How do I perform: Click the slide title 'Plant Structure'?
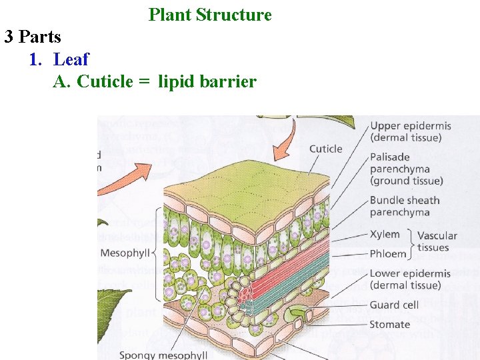210,15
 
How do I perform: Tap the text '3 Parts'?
33,37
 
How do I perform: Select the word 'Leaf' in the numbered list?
71,59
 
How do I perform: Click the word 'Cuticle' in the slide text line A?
105,82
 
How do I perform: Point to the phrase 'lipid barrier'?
207,82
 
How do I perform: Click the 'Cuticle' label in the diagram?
325,149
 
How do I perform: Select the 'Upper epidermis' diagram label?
410,125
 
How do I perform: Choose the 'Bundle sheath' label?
405,200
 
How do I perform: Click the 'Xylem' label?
385,234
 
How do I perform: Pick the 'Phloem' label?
387,254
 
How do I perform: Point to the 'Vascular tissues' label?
437,241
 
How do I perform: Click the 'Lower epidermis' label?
409,273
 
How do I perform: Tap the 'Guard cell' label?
394,305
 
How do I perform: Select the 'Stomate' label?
389,325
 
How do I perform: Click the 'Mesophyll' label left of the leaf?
125,253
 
